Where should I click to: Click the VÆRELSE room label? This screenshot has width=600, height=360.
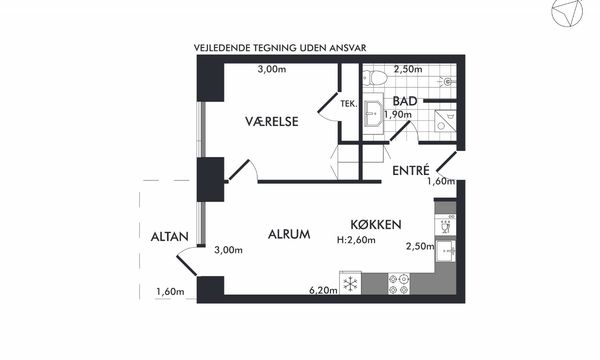click(272, 121)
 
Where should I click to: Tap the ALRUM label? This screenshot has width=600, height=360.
click(289, 234)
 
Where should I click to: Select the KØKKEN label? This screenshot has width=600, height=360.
click(376, 224)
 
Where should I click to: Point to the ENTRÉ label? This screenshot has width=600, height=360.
click(411, 170)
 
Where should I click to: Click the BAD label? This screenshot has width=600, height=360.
click(405, 101)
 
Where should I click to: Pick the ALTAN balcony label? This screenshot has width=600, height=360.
click(170, 236)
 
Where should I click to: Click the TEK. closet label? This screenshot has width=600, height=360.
click(349, 103)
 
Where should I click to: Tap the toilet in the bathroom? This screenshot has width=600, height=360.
click(375, 78)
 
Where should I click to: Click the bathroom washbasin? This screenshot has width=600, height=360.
click(373, 113)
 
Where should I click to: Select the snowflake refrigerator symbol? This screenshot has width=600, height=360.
click(351, 283)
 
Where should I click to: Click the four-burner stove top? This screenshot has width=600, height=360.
click(399, 283)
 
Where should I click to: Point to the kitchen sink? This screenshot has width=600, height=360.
click(445, 250)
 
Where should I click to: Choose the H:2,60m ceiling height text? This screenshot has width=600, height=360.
click(356, 240)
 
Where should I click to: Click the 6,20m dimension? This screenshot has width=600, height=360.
click(323, 290)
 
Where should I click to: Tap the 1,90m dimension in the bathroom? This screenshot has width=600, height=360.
click(398, 114)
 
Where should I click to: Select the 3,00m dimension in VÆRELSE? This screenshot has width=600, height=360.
click(272, 69)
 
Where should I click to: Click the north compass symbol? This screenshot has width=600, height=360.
click(567, 12)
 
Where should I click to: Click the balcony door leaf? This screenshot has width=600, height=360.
click(187, 266)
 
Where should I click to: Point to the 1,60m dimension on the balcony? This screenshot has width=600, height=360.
click(170, 292)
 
